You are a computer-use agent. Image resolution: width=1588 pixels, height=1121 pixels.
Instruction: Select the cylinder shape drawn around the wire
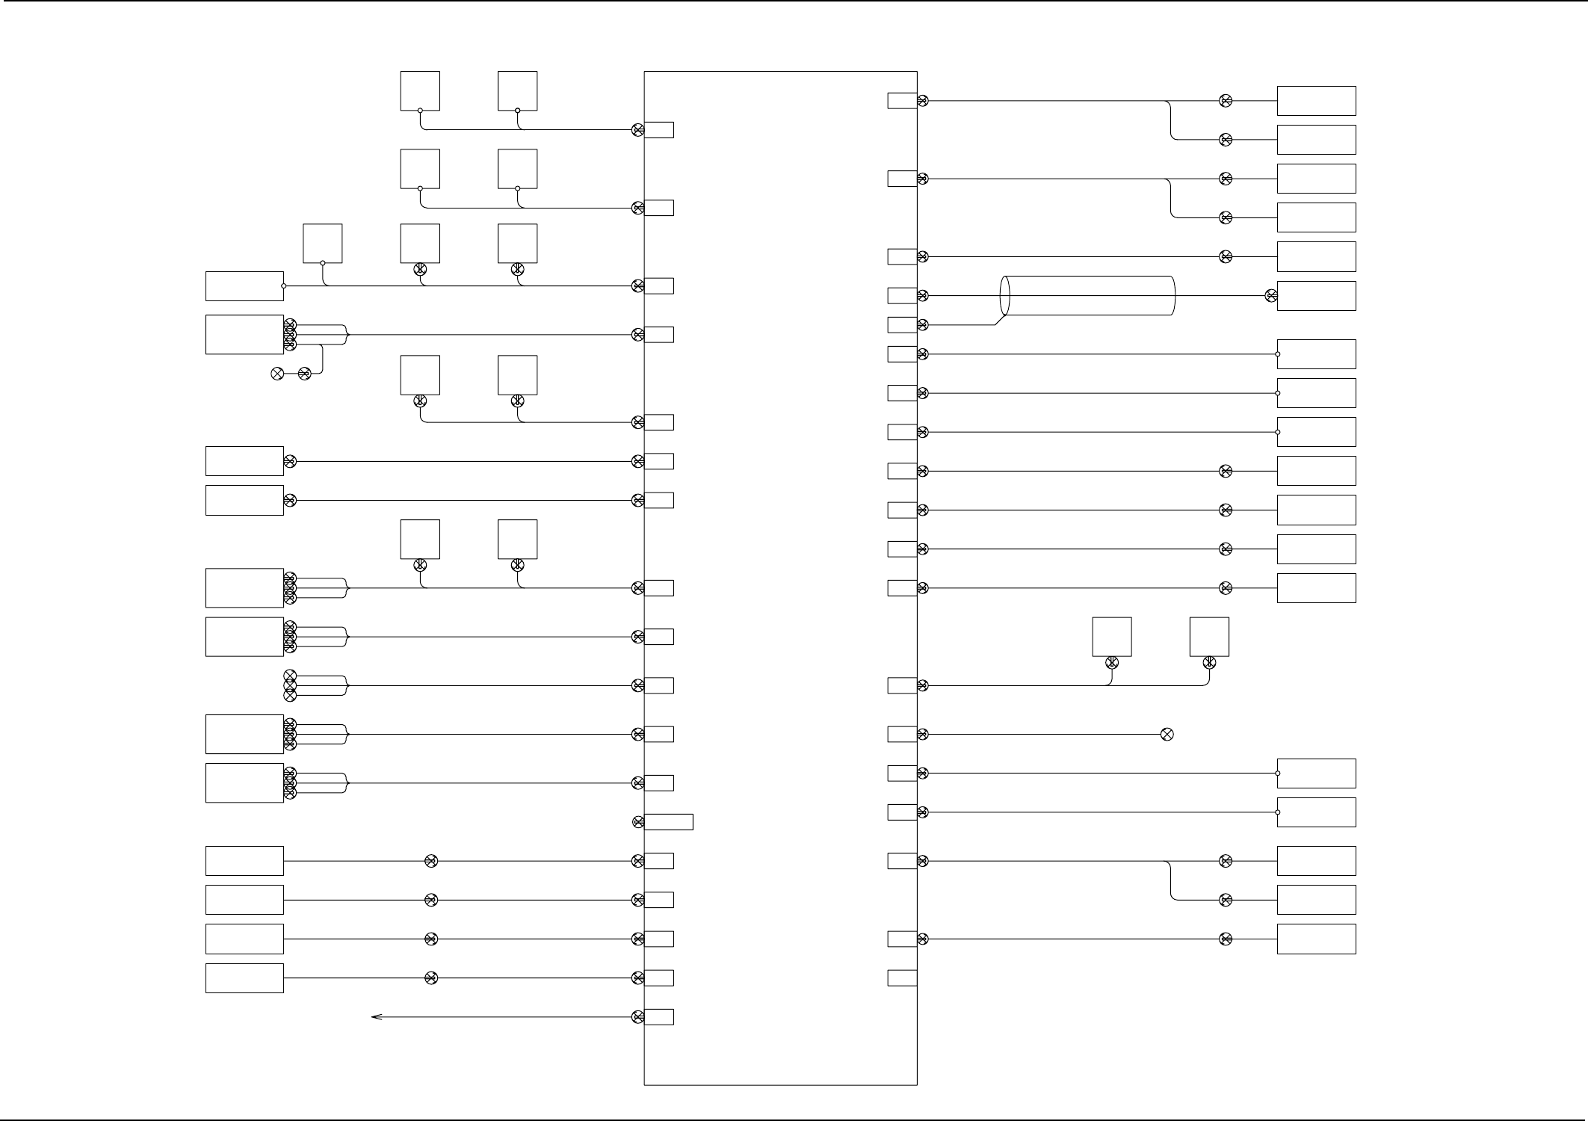[x=1087, y=296]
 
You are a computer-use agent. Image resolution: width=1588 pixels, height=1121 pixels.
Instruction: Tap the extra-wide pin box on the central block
[x=668, y=822]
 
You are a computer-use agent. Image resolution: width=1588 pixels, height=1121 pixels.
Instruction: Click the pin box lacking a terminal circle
[x=902, y=978]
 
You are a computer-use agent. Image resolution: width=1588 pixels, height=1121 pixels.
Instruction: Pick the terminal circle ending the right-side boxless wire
[x=1167, y=735]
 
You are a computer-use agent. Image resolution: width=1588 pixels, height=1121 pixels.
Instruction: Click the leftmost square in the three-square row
[x=323, y=244]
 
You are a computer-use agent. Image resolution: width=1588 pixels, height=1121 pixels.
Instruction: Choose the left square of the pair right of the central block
[x=1112, y=637]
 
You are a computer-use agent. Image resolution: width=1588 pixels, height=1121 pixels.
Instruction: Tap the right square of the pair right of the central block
[x=1209, y=637]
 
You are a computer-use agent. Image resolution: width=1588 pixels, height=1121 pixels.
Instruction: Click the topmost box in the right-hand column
[x=1316, y=101]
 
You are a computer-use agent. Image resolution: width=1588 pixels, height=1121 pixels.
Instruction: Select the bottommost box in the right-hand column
[x=1316, y=939]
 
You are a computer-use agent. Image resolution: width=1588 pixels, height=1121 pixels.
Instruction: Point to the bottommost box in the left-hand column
[x=244, y=978]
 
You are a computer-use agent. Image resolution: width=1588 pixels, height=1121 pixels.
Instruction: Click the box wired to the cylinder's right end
[x=1316, y=296]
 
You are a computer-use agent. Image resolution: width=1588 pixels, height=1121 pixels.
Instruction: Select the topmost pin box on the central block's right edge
[x=902, y=101]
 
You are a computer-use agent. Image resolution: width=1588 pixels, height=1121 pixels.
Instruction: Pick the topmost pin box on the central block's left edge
[x=658, y=130]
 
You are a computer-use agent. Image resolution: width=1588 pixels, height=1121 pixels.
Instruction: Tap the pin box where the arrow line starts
[x=658, y=1017]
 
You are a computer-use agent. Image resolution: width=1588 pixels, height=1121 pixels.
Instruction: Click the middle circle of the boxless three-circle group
[x=291, y=685]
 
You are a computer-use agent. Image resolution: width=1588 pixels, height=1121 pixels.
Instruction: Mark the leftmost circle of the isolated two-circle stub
[x=277, y=374]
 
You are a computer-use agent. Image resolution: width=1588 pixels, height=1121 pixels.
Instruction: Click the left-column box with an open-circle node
[x=244, y=286]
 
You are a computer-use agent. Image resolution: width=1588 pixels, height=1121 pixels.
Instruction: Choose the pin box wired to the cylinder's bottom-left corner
[x=902, y=325]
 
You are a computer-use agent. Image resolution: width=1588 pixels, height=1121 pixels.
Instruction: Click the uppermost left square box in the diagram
[x=420, y=91]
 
